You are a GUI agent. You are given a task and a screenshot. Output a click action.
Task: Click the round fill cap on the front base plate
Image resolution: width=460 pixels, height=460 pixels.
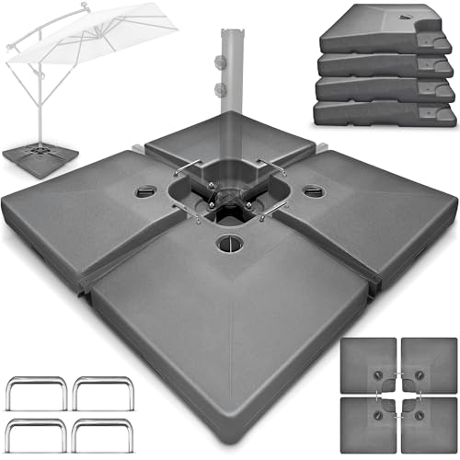tap(224, 245)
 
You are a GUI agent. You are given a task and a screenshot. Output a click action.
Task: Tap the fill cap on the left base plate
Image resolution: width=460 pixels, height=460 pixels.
tap(148, 192)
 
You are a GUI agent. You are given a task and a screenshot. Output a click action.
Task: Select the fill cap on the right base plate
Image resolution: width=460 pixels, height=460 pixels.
tap(315, 192)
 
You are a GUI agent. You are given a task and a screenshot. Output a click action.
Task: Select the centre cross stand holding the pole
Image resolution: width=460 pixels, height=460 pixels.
tap(230, 193)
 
